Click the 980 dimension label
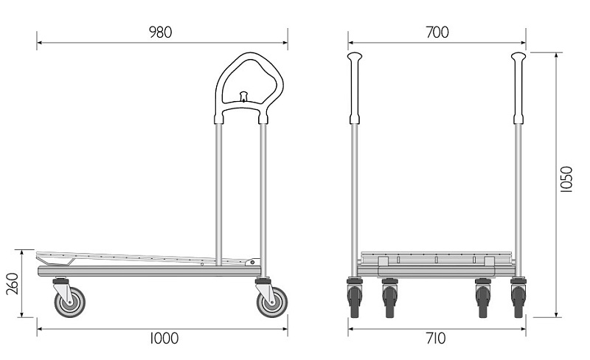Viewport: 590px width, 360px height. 161,32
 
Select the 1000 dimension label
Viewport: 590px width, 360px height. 164,338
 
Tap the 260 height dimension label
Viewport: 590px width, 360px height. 13,283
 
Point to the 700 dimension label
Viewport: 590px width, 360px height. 437,32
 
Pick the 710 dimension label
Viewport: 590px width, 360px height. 436,338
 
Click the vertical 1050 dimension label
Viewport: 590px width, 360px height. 566,179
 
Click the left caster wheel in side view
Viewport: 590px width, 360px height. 69,302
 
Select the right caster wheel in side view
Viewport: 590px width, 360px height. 272,302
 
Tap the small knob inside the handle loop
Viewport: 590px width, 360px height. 244,96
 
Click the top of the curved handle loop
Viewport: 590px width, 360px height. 250,54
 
